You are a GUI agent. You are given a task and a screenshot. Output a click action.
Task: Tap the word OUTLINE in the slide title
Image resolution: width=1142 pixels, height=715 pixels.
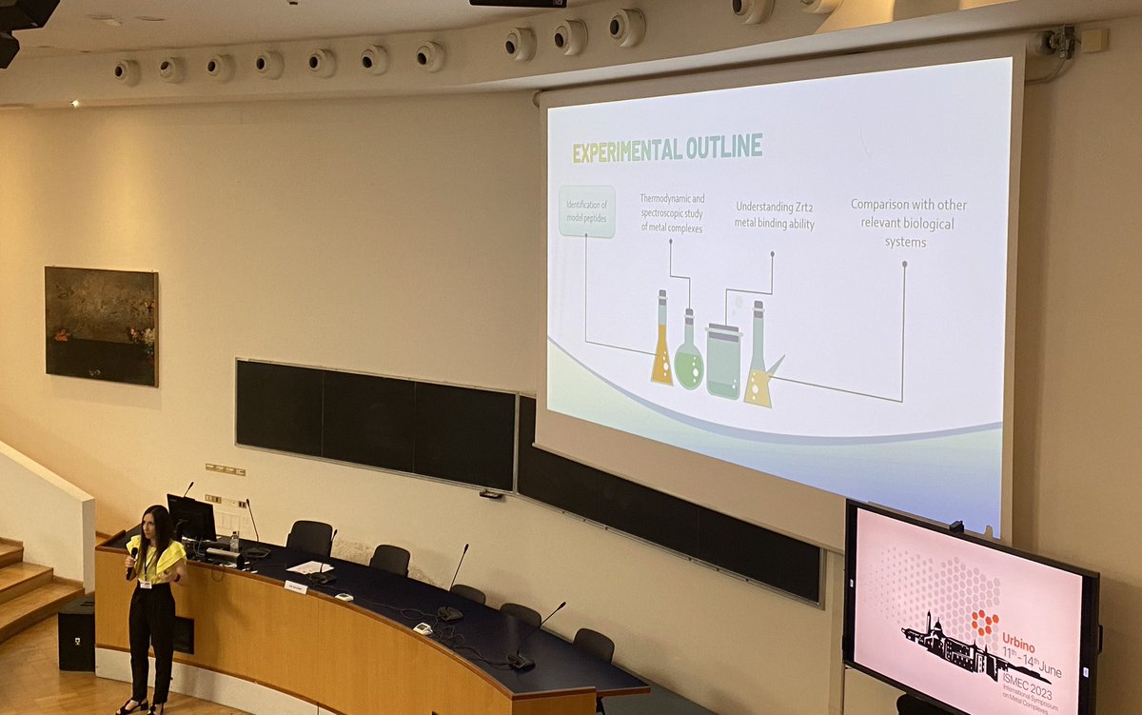[728, 146]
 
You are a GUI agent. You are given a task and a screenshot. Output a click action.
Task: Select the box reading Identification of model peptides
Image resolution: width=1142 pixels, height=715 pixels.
[586, 211]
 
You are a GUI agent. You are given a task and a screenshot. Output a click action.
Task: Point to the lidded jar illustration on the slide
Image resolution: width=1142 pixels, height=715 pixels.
[723, 361]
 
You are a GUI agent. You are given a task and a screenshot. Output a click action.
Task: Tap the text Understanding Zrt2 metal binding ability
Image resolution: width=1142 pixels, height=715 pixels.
[774, 215]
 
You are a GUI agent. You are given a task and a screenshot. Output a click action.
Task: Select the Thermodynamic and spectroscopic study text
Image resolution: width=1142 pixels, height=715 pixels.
[672, 212]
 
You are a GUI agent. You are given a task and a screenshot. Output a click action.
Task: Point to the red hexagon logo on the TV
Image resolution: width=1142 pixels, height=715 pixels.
[984, 624]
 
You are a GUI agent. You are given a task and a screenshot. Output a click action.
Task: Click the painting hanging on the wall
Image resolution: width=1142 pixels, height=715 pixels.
[101, 326]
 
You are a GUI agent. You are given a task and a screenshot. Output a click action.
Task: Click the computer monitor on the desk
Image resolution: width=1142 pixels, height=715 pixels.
[191, 517]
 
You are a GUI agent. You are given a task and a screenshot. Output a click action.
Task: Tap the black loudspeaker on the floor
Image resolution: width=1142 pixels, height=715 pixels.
[76, 633]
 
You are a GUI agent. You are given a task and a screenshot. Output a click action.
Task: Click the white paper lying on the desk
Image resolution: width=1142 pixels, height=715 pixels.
[309, 567]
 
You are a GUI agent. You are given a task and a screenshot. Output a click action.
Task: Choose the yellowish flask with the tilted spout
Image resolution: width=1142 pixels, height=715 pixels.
[759, 357]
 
